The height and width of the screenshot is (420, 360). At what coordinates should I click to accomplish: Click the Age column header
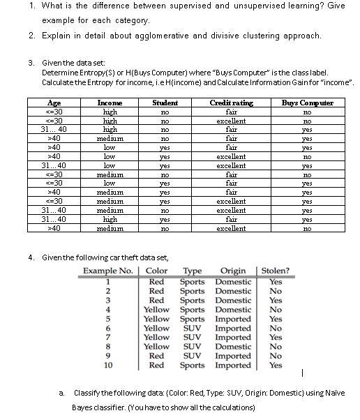(x=53, y=103)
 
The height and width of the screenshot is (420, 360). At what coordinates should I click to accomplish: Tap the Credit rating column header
(x=232, y=103)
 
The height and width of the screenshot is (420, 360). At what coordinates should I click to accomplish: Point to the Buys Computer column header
(x=307, y=103)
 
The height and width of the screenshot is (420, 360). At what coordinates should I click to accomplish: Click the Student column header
(x=165, y=103)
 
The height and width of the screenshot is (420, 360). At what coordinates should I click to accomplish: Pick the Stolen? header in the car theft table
(x=276, y=271)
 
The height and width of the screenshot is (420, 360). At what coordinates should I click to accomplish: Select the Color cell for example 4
(x=156, y=309)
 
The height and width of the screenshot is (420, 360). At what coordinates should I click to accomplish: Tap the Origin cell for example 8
(x=233, y=346)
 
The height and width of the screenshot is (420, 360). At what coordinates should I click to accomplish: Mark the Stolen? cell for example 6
(x=276, y=328)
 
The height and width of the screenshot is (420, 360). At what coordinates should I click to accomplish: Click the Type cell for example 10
(x=192, y=365)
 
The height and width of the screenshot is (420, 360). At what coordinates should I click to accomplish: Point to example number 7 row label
(x=108, y=337)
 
